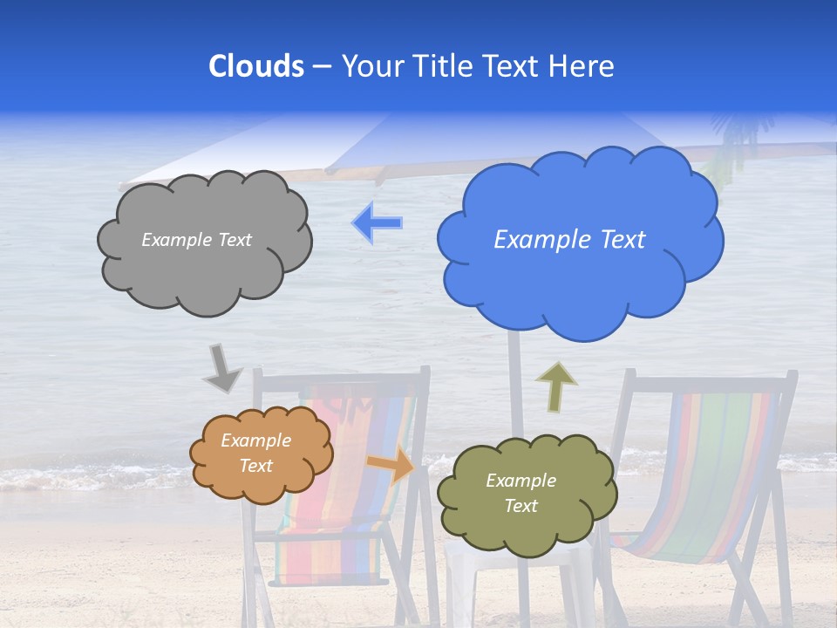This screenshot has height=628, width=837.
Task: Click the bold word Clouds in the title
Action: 255,66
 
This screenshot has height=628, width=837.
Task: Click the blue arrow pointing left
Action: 378,222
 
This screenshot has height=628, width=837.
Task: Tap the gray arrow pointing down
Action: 221,369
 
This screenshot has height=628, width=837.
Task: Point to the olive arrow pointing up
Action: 555,386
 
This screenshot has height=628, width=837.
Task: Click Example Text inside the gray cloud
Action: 196,240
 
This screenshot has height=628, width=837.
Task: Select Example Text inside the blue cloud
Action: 569,240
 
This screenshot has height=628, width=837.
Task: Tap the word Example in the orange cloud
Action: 255,441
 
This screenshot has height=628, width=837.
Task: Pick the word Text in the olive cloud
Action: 521,506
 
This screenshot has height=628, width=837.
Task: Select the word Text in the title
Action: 514,66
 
